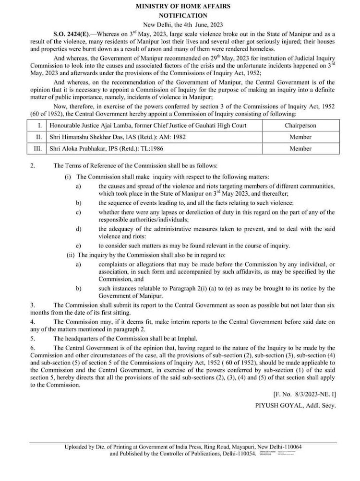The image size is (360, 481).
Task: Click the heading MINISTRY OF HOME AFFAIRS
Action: click(x=182, y=6)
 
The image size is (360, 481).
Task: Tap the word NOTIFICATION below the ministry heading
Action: click(x=182, y=15)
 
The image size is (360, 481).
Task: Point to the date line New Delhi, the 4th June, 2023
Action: click(x=182, y=24)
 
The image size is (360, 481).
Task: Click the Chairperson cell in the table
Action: click(x=300, y=126)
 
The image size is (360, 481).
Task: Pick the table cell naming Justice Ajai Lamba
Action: click(x=148, y=126)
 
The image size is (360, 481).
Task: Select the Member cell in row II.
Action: click(x=300, y=137)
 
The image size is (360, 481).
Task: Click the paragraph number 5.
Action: click(x=32, y=338)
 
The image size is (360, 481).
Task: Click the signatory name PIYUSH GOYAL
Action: click(x=280, y=405)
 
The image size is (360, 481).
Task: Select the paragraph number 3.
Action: click(x=32, y=305)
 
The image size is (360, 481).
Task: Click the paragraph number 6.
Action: click(x=32, y=347)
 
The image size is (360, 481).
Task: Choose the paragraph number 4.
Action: click(x=32, y=321)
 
